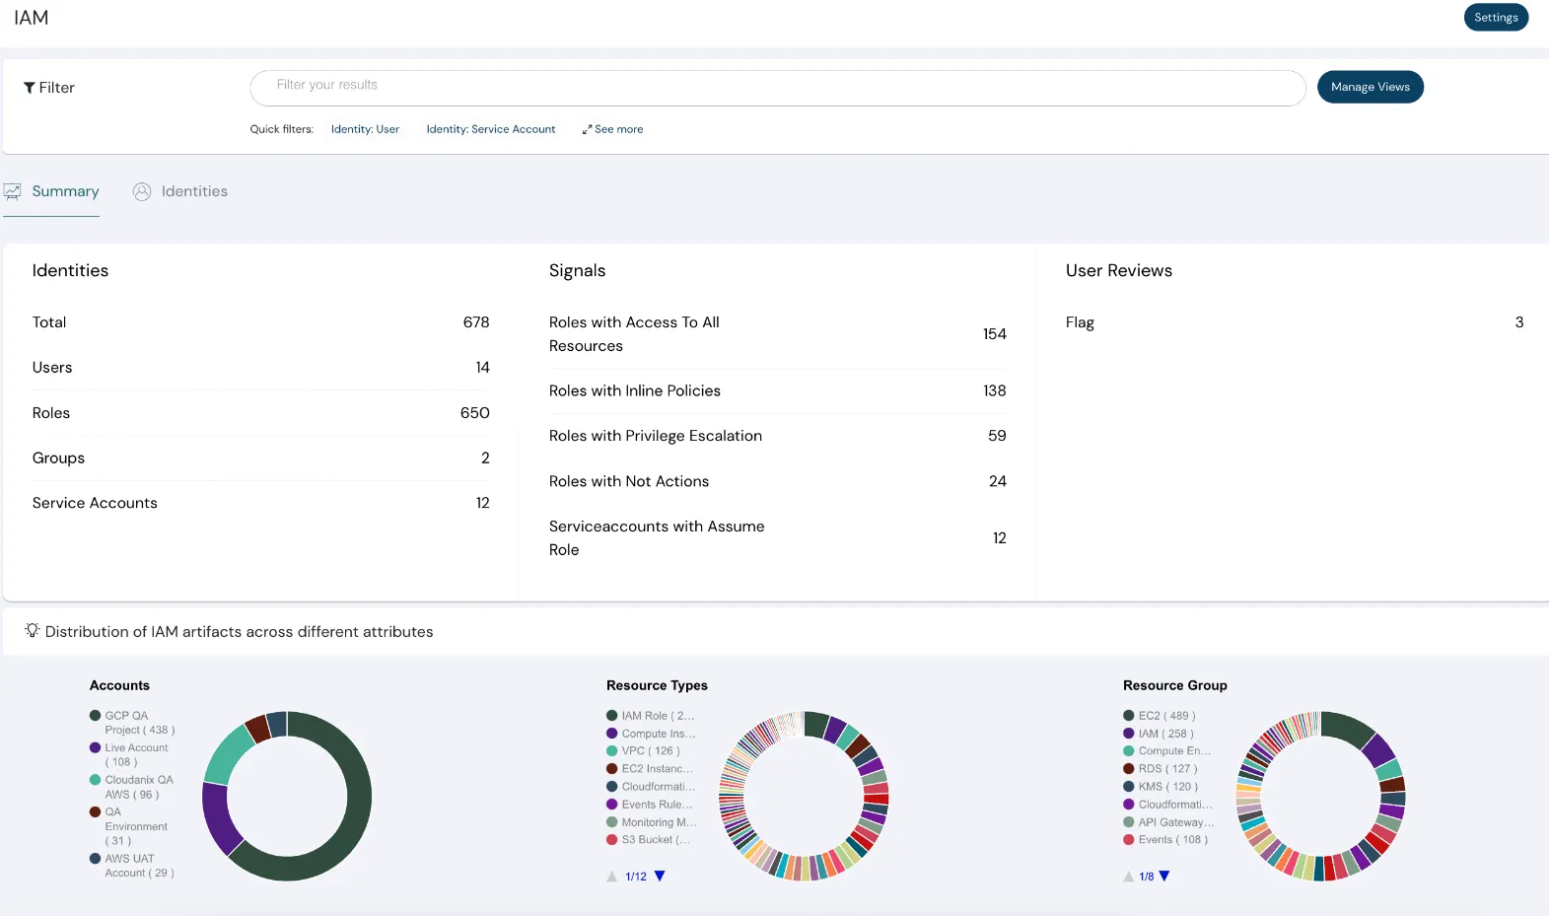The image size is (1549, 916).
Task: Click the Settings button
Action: pos(1495,18)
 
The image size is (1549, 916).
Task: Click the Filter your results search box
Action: pos(777,87)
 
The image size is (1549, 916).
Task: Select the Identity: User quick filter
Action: pos(365,129)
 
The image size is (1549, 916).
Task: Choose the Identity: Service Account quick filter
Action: pos(490,129)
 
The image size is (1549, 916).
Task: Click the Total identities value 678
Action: pos(475,322)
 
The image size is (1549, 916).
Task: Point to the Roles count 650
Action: pos(474,413)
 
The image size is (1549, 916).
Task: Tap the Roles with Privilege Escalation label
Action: pos(655,436)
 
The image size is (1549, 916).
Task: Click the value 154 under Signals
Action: pos(994,334)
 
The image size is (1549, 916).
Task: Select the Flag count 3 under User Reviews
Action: pos(1518,322)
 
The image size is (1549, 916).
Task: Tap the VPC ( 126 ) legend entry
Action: pos(650,751)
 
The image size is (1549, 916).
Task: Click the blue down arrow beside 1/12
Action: pos(660,876)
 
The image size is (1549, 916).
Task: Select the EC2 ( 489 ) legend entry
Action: pos(1165,716)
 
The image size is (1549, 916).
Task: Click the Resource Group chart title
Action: pos(1174,685)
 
